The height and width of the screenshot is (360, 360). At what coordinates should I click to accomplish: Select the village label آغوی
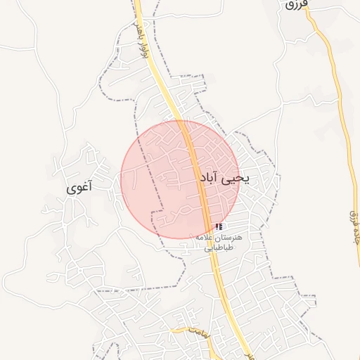coord(79,188)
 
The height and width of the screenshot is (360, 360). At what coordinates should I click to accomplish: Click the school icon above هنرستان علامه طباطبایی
coord(219,227)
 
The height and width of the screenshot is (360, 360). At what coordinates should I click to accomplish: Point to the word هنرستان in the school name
coord(229,238)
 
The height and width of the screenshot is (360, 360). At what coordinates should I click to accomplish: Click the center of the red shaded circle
coord(180,179)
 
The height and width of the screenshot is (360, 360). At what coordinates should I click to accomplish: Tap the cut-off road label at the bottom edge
coord(247,356)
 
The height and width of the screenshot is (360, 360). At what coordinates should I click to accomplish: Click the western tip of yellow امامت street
coord(172,328)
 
